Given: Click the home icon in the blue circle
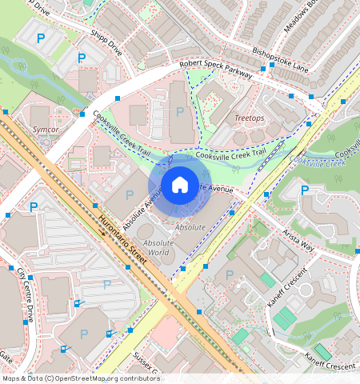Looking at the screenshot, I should point(180,186).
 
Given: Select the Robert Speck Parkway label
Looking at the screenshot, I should point(215,68).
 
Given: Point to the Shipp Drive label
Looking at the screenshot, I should point(106,42).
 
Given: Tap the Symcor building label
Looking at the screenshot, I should point(45,129).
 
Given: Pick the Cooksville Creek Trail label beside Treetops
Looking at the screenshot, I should point(230,154).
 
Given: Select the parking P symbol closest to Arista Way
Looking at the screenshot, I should point(304,190).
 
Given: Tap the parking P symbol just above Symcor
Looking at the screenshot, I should point(40,105).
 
